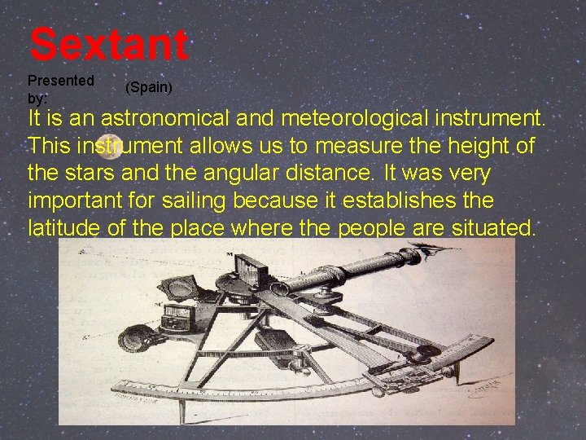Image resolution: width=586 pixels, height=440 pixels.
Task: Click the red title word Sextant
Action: [x=109, y=45]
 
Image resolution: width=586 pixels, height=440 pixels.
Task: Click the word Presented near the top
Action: [x=61, y=81]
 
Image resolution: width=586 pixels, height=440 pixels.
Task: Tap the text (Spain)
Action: [x=149, y=87]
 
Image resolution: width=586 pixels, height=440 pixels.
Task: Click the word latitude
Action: [x=64, y=228]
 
